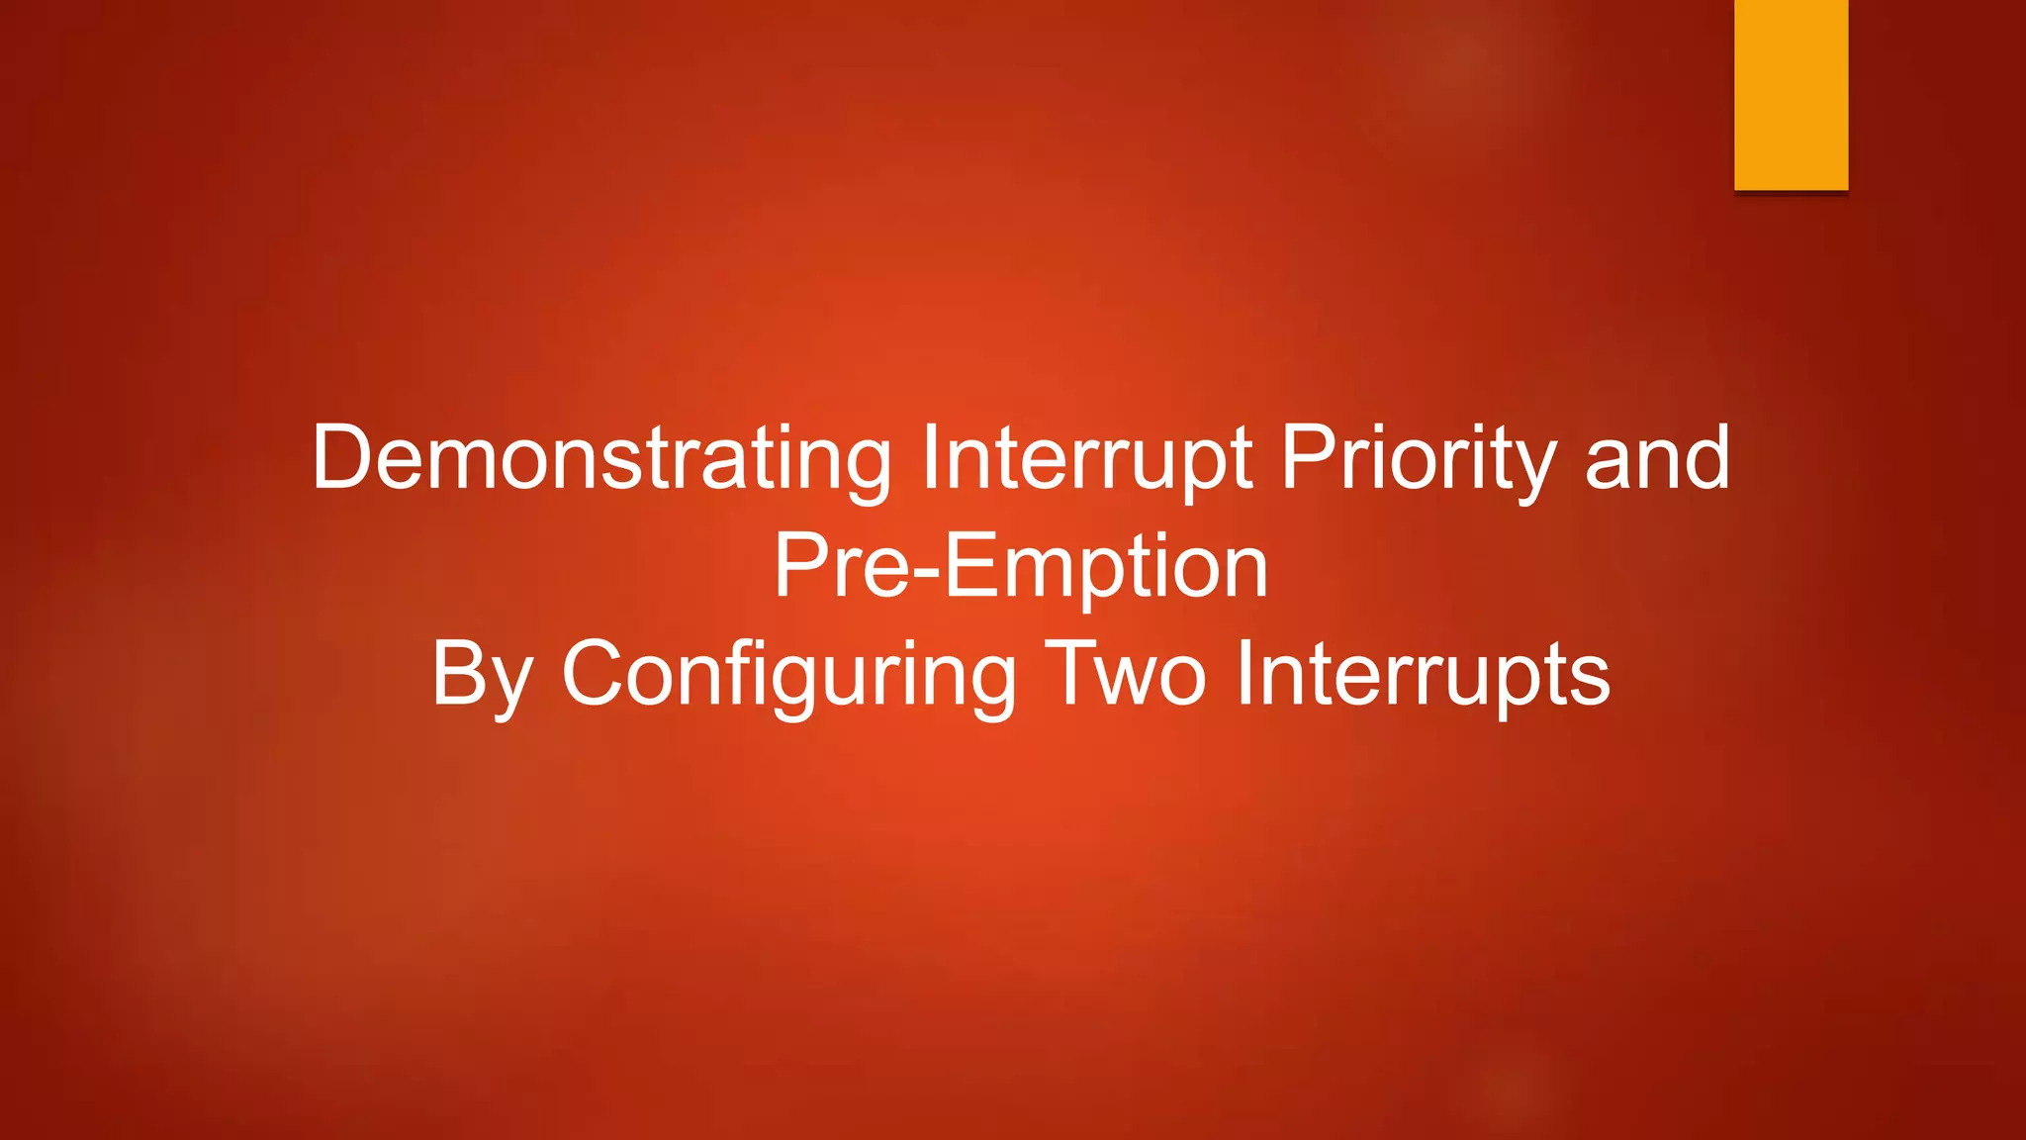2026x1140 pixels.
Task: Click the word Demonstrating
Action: click(x=601, y=458)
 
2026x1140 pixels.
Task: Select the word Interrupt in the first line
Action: click(x=1086, y=458)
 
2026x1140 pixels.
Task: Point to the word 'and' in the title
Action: click(x=1657, y=458)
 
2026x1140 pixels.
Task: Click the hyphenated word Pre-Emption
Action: click(x=1020, y=566)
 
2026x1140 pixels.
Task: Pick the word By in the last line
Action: click(x=482, y=675)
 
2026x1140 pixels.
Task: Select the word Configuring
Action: click(x=788, y=675)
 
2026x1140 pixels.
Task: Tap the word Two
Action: click(x=1125, y=675)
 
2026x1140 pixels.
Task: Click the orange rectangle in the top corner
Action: click(x=1791, y=95)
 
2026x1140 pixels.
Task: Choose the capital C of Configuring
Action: click(x=597, y=673)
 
